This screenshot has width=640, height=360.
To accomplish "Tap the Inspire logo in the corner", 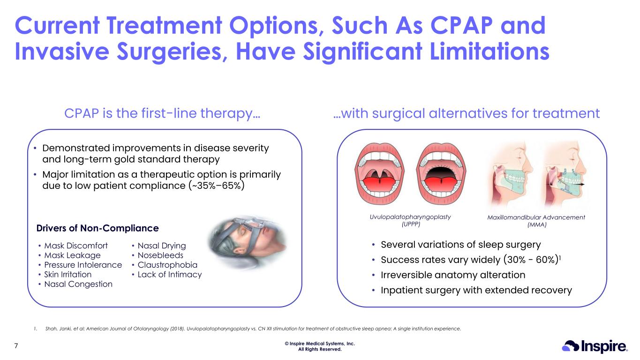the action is (595, 346).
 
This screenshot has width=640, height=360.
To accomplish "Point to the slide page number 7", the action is (16, 346).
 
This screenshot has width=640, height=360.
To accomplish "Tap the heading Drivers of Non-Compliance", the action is (98, 228).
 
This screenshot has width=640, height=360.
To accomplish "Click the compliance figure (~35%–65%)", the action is (216, 186).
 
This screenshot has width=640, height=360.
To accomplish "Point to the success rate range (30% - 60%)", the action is (531, 260).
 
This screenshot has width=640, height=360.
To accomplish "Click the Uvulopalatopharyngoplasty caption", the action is (410, 217).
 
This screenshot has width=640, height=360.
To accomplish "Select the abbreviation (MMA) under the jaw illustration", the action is (536, 225).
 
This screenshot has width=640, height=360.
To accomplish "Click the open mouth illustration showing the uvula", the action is (379, 174).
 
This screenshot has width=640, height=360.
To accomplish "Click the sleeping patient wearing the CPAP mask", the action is (248, 243).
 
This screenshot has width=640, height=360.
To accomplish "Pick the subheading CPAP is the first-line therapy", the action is (162, 113).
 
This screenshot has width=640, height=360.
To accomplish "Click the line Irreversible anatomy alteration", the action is (453, 275).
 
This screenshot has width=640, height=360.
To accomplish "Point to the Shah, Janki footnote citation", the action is (253, 329).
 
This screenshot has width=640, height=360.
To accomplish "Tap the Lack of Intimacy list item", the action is (170, 275).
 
